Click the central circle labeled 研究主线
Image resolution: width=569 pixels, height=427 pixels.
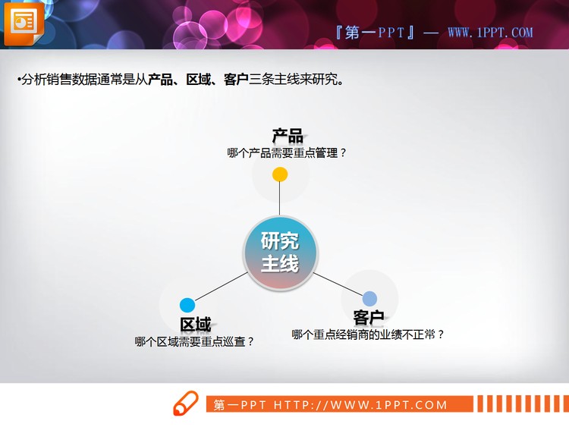coord(280,253)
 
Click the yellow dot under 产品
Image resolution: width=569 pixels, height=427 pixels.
coord(280,174)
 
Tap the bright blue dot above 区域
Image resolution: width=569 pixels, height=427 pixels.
coord(187,305)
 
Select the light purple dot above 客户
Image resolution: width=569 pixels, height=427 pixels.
coord(369,298)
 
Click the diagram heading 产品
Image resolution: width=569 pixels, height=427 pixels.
coord(288,136)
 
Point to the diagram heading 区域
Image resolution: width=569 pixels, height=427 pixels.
coord(195,325)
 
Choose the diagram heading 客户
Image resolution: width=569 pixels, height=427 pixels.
coord(369,317)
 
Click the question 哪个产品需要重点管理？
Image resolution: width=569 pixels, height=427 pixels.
coord(287,152)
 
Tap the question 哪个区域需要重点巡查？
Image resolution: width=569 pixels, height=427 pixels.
coord(194,341)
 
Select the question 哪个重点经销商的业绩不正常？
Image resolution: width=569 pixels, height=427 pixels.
coord(368,334)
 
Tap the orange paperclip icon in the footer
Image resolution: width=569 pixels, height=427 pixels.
coord(185,403)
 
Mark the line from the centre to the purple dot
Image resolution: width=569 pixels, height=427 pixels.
coord(338,282)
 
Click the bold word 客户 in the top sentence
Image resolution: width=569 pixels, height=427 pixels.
coord(237,79)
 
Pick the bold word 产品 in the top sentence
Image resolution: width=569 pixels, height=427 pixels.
coord(161,79)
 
